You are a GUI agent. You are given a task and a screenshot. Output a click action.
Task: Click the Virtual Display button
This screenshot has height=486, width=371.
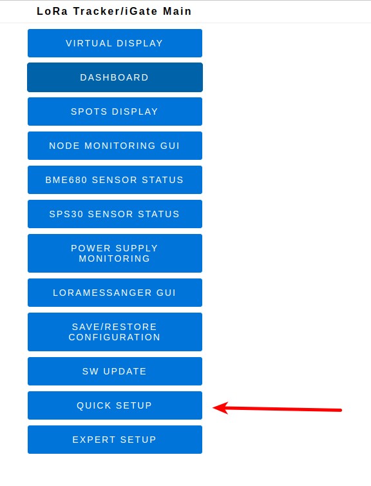coord(115,43)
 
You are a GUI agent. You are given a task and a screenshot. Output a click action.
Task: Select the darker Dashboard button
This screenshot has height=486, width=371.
coord(115,77)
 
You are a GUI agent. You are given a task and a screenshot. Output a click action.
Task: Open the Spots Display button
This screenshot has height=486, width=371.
coord(115,112)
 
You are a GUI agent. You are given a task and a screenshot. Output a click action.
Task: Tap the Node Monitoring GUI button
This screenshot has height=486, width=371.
coord(115,146)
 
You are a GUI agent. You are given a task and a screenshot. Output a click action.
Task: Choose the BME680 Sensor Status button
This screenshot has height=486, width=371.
coord(115,180)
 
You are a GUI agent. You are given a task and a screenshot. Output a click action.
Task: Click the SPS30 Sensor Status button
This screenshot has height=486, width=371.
coord(115,214)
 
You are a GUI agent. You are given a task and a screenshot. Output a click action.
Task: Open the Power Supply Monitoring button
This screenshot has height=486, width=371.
coord(115,253)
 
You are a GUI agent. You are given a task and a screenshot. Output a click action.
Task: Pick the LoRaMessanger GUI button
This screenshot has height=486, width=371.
coord(115,293)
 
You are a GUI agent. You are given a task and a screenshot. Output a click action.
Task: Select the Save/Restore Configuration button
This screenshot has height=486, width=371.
coord(115,332)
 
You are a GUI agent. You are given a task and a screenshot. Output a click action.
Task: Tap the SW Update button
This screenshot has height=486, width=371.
coord(115,371)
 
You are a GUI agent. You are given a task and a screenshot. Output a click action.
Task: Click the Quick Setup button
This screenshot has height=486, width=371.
coord(115,405)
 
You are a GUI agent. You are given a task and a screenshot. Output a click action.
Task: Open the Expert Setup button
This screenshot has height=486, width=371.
coord(115,440)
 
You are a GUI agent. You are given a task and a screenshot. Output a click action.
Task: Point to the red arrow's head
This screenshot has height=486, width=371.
coord(214,408)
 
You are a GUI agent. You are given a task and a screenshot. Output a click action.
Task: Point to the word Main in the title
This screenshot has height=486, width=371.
coord(177,11)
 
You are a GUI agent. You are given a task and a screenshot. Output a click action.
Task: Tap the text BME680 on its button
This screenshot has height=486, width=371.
coord(66,180)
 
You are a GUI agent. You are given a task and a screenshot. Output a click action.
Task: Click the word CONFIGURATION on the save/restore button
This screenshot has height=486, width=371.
coord(114,337)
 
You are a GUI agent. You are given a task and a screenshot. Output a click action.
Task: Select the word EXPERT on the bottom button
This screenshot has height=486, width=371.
coord(94,440)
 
